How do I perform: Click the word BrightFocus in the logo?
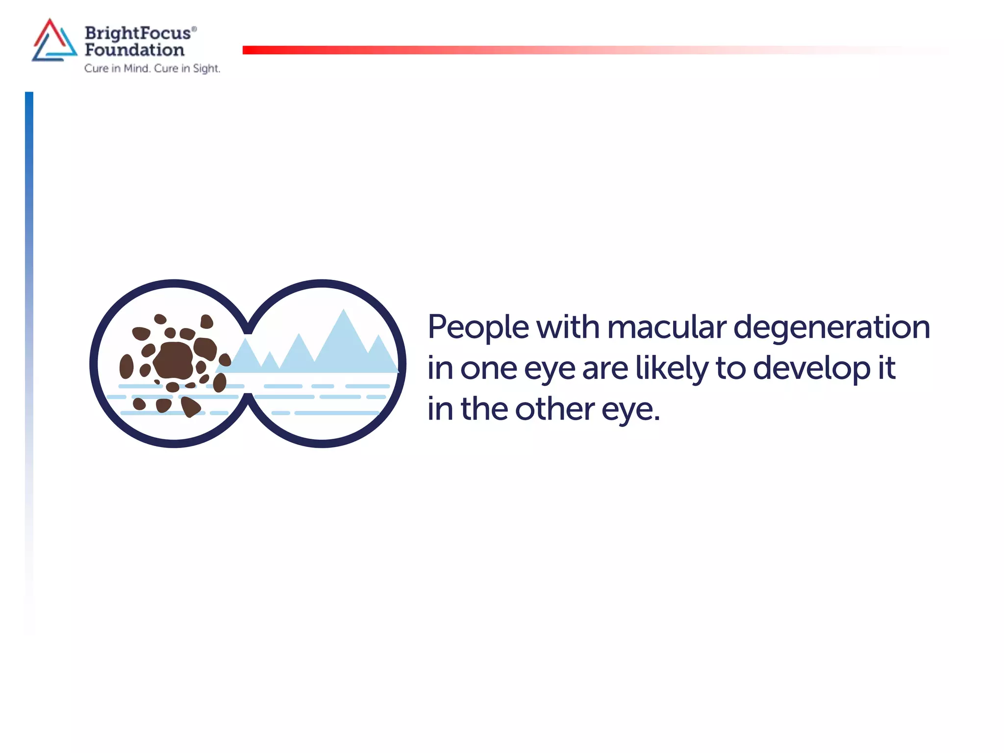(138, 33)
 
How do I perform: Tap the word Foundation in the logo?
(134, 50)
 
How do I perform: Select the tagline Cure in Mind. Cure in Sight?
(152, 68)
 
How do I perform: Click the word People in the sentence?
(478, 327)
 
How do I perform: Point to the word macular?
(667, 327)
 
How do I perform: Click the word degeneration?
(831, 327)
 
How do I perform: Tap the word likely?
(672, 369)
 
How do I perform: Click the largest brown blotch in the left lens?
(174, 361)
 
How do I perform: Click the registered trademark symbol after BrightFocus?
(194, 29)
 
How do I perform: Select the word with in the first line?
(568, 327)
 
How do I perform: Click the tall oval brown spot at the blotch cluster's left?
(126, 366)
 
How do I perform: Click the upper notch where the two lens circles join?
(248, 329)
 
